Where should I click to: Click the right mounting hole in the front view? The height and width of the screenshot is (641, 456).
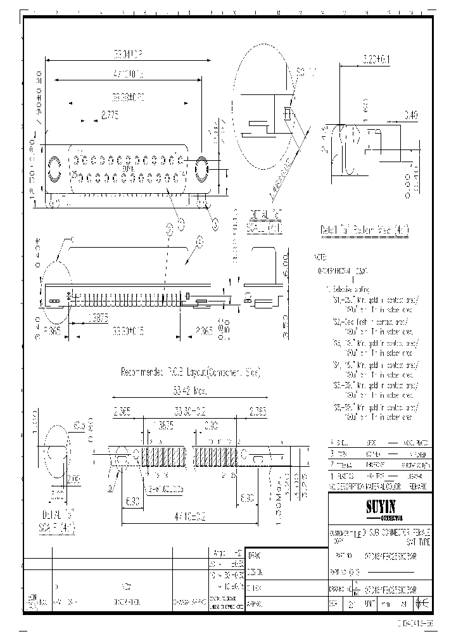[x=203, y=170]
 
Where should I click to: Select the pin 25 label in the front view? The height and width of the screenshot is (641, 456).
[x=74, y=175]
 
